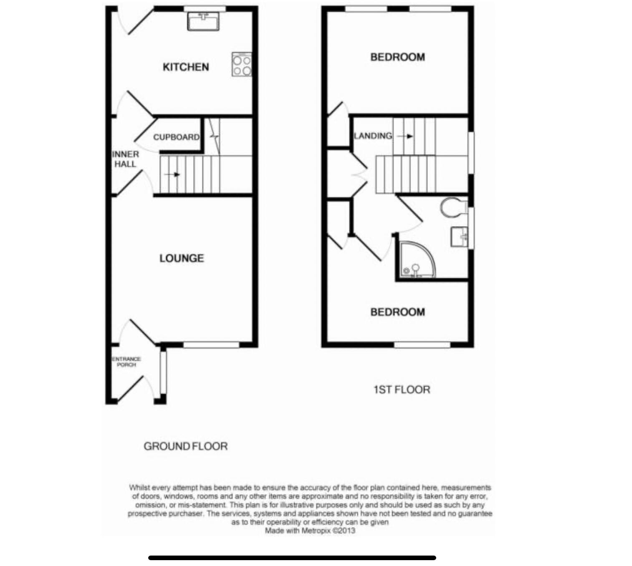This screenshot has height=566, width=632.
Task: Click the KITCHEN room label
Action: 186,67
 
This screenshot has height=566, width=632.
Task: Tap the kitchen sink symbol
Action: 203,21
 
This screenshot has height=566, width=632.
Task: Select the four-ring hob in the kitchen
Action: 242,65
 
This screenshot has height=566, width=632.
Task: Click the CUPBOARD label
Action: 176,137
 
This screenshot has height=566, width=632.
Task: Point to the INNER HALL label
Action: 125,159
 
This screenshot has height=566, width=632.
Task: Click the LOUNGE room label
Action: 182,258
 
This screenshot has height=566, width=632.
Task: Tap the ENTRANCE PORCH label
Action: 126,361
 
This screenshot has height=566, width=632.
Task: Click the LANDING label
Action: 373,136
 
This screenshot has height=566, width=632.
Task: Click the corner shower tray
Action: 415,261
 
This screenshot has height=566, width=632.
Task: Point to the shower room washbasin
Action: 460,237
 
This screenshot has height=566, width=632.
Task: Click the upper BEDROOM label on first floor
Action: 397,57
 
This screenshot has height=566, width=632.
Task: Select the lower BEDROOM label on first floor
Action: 397,312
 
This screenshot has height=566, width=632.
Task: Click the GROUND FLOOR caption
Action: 186,446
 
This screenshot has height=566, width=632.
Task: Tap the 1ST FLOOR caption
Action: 402,389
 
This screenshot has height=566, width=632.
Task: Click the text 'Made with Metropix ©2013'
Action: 310,531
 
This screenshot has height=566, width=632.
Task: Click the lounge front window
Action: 211,345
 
